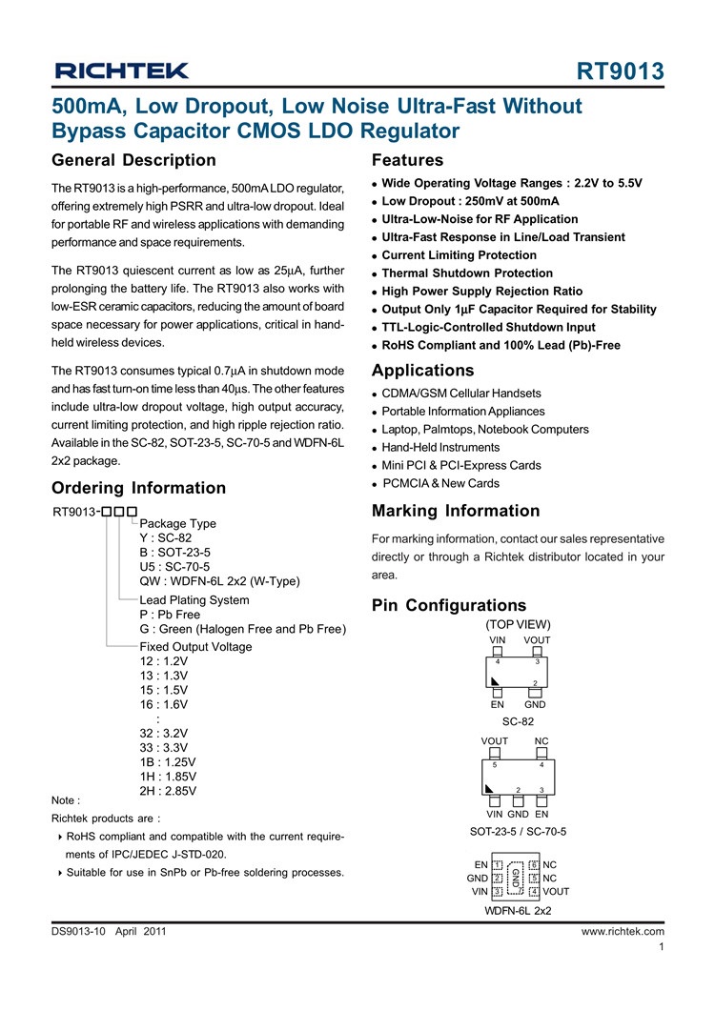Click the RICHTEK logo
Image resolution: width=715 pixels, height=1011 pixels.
(x=121, y=71)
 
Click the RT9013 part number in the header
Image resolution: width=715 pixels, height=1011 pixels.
(x=621, y=72)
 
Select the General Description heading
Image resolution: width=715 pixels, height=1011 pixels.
(x=133, y=160)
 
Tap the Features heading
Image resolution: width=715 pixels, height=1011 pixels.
(x=407, y=160)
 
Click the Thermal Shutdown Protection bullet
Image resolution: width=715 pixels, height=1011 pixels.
(x=467, y=273)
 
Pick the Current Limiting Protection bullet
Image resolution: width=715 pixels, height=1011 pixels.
(x=459, y=255)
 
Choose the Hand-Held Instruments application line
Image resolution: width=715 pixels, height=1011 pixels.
(x=440, y=448)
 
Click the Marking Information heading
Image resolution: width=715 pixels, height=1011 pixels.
(x=456, y=511)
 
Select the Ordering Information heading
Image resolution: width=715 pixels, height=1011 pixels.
(x=138, y=488)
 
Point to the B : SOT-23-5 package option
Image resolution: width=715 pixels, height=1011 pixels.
(x=175, y=553)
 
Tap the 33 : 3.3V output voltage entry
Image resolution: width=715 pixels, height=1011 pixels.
(x=164, y=749)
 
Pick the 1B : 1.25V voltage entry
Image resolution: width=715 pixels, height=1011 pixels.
(x=168, y=763)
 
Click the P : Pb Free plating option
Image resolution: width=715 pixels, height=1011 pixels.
(x=170, y=615)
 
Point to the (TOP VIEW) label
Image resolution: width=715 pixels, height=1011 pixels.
(x=518, y=625)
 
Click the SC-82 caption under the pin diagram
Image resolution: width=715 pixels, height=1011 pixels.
(x=518, y=722)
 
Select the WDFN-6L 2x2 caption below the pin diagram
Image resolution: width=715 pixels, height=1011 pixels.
(x=518, y=912)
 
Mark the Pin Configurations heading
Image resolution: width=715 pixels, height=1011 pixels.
(x=448, y=605)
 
